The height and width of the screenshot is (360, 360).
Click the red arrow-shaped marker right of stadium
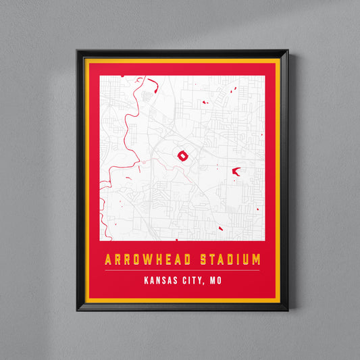pyautogui.click(x=236, y=172)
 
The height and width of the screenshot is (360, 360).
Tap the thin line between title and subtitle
pyautogui.click(x=182, y=270)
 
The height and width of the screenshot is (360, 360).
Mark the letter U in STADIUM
pyautogui.click(x=245, y=259)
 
